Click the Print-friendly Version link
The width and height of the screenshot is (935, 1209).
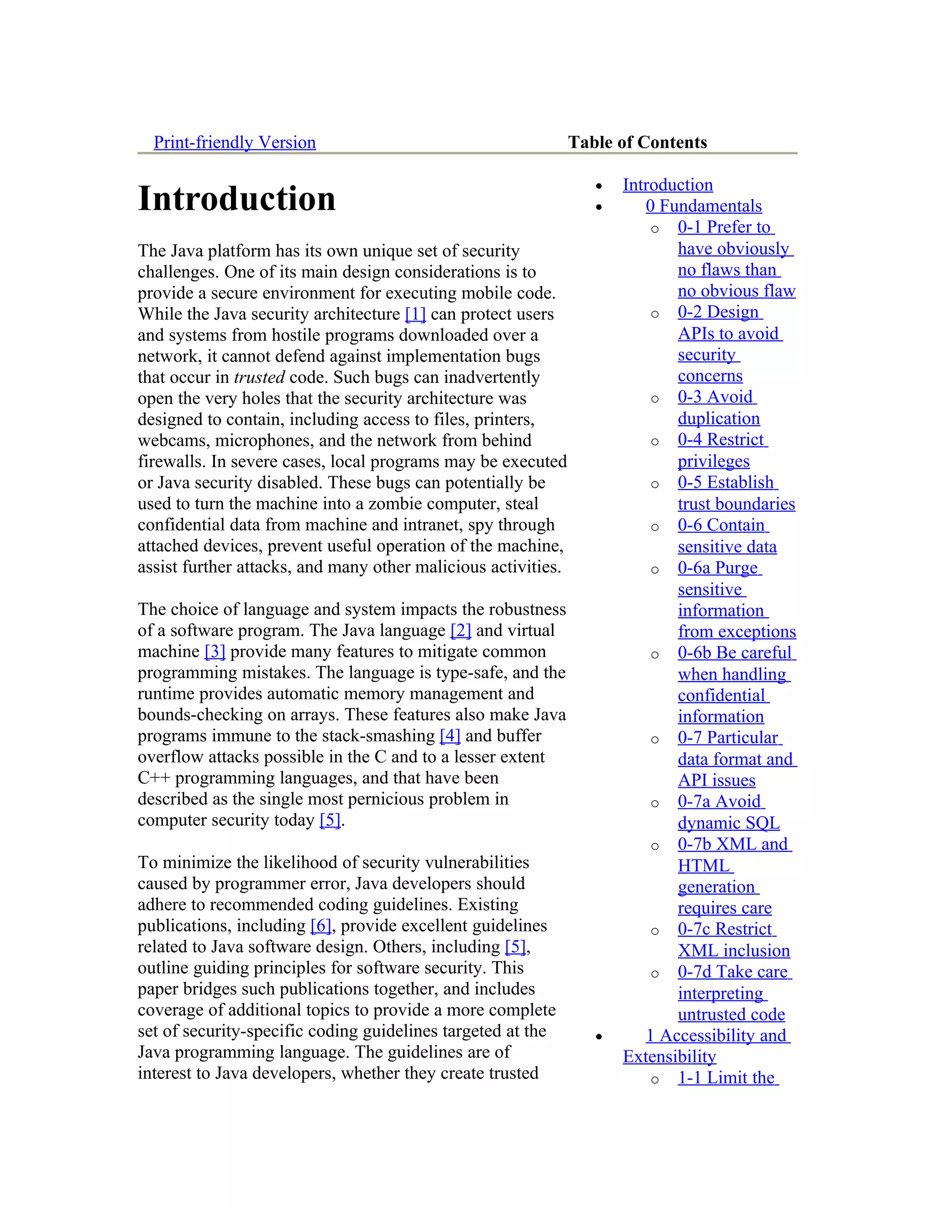[234, 142]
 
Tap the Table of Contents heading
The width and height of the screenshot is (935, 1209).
[637, 142]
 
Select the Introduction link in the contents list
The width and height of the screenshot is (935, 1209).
[667, 185]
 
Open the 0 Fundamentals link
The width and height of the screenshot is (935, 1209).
[704, 206]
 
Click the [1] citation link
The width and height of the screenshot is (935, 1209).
[415, 314]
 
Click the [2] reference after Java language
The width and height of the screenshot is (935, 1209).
[460, 630]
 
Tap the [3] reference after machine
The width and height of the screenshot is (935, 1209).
[215, 651]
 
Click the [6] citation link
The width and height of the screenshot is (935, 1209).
[320, 925]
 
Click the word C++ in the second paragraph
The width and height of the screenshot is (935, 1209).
[154, 778]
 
